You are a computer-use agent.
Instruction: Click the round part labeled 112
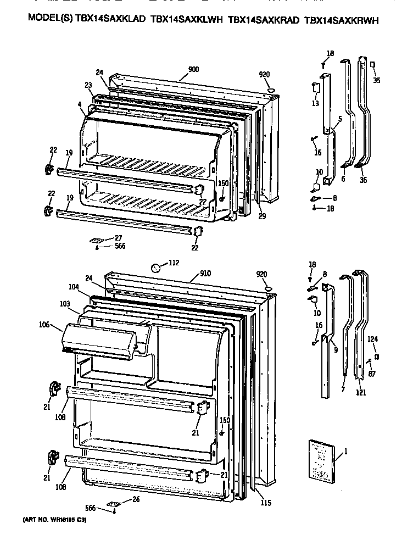157,268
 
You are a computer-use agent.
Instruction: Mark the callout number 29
262,216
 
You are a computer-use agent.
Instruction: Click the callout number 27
119,237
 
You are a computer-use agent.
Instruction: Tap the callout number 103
65,304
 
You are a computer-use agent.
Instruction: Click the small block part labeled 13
316,88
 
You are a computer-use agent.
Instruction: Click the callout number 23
88,85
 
